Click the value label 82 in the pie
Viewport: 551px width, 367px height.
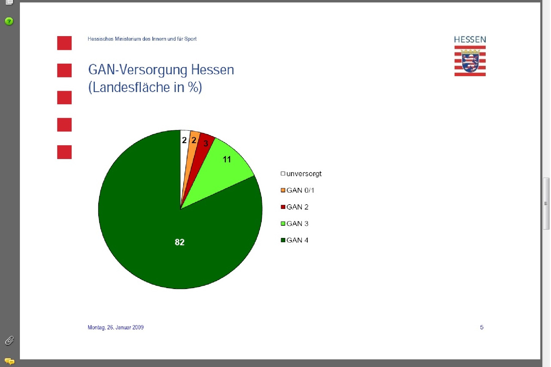[180, 242]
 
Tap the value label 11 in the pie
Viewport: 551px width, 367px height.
[227, 159]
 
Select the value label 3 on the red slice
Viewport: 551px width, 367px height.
[206, 143]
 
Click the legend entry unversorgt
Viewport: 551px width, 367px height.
[301, 174]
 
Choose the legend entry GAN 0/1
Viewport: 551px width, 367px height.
[298, 190]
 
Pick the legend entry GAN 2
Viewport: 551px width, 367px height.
[294, 207]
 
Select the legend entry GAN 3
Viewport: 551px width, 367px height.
[294, 224]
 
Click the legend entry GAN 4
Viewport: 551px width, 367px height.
[294, 240]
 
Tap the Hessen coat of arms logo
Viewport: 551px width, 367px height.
[470, 61]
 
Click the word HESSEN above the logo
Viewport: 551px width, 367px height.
[470, 39]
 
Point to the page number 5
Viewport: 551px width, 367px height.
[482, 327]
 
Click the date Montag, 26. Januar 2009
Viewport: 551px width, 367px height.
[116, 327]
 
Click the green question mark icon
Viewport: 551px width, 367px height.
[9, 21]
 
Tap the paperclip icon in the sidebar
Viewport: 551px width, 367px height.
[9, 340]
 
